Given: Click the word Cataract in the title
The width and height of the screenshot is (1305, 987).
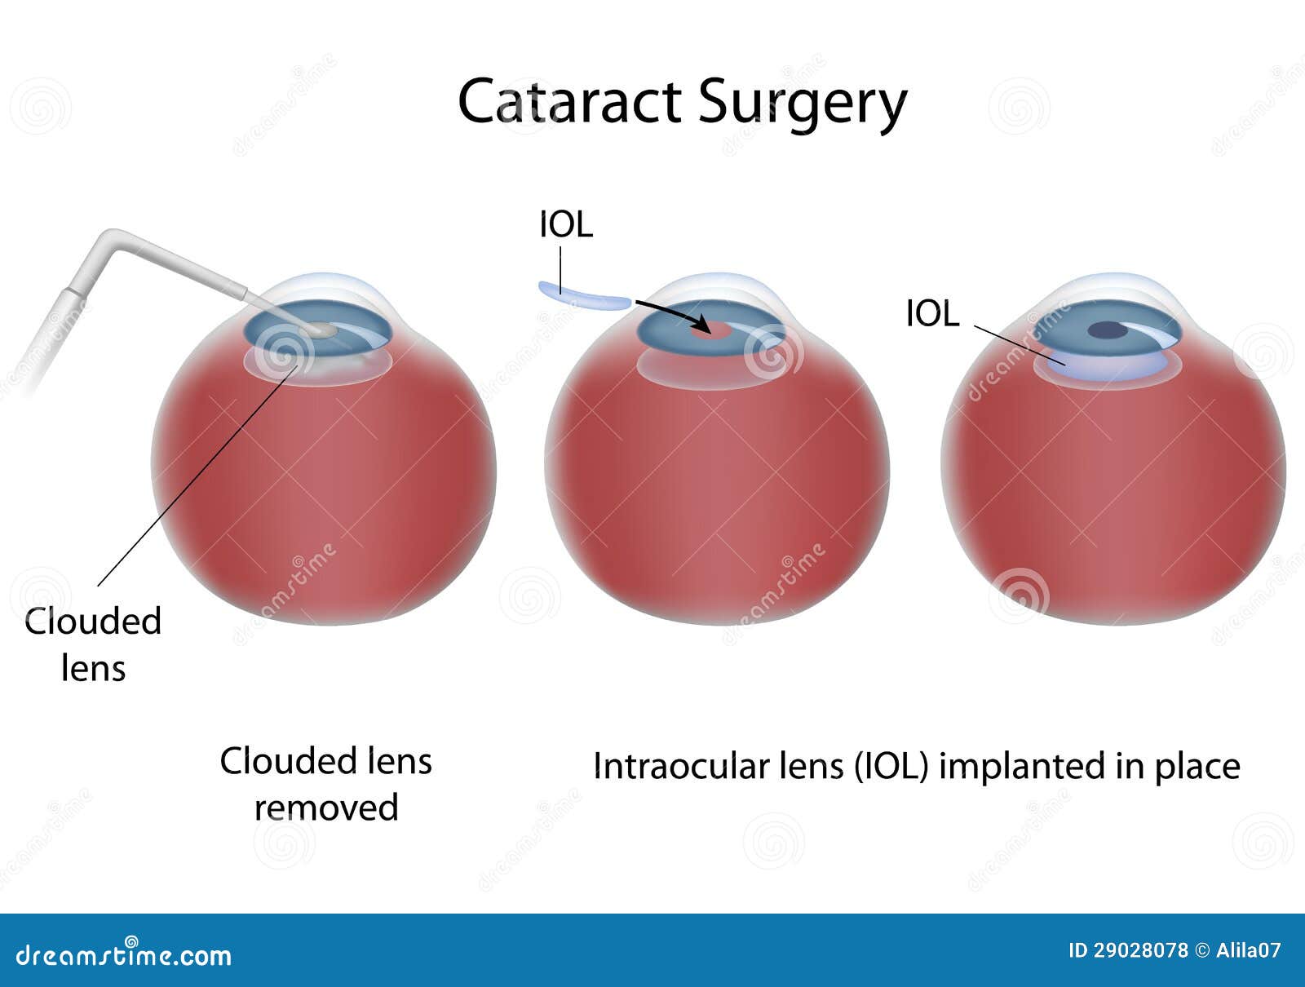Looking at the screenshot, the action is (x=569, y=101).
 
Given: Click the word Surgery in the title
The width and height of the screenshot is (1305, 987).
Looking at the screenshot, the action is (x=802, y=106).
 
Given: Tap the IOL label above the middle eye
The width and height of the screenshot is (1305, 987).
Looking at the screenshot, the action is (x=566, y=225).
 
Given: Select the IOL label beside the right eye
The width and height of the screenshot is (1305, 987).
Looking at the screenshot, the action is (x=932, y=313).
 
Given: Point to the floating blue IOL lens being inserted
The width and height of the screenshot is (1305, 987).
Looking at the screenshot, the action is (x=585, y=297).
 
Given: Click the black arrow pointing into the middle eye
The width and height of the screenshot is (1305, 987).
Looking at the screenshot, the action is (x=673, y=316).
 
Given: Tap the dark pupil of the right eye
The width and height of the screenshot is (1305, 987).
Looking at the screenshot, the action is (x=1107, y=330).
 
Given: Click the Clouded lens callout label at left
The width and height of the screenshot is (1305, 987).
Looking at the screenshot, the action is (x=93, y=644).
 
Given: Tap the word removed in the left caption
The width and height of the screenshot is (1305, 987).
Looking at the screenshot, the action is (x=326, y=808).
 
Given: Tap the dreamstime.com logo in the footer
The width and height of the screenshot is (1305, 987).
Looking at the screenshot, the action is (x=123, y=955).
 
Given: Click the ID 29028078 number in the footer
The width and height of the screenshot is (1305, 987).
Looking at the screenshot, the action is (x=1128, y=951).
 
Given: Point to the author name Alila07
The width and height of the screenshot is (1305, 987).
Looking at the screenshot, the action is (x=1249, y=951).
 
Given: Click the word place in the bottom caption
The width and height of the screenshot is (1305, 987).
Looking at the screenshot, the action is (x=1197, y=768).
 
